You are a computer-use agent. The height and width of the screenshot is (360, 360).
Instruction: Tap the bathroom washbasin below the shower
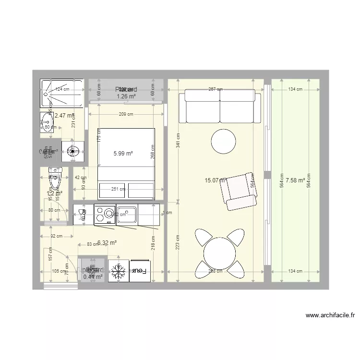[x=47, y=121]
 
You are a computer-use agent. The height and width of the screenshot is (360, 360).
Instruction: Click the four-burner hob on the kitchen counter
[x=104, y=214]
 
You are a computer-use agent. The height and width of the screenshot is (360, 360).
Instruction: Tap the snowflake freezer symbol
[x=118, y=272]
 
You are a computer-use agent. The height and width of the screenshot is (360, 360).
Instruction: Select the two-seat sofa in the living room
[x=220, y=107]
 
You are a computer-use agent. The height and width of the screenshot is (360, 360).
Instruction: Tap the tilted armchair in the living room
[x=238, y=191]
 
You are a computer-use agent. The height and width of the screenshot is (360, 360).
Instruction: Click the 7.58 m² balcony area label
[x=295, y=180]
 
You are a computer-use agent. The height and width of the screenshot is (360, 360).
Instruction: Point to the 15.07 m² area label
[x=215, y=180]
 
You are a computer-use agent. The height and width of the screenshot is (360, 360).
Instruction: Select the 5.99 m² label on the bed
[x=123, y=154]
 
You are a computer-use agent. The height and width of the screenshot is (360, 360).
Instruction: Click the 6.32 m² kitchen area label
[x=107, y=243]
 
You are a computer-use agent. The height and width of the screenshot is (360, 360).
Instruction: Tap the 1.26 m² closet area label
[x=126, y=96]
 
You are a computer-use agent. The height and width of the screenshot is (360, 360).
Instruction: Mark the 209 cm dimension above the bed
[x=126, y=114]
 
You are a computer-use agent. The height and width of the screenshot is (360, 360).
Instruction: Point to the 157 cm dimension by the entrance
[x=49, y=258]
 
